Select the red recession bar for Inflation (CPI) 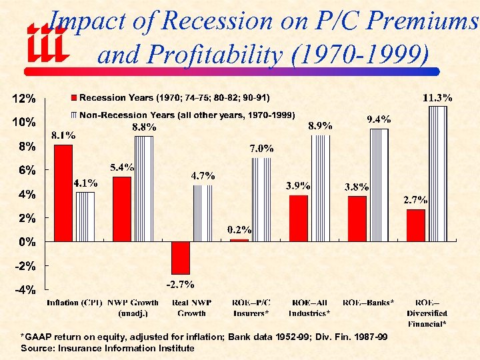point(63,193)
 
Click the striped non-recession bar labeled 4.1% point(85,217)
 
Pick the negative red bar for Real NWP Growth point(181,257)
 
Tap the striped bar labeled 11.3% point(437,173)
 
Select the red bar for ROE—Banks point(357,219)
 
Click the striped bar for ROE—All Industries point(320,188)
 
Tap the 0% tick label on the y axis point(25,242)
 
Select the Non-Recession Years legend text point(187,115)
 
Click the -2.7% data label point(180,285)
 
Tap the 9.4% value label point(379,119)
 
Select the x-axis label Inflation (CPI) point(74,303)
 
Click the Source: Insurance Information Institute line point(108,348)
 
